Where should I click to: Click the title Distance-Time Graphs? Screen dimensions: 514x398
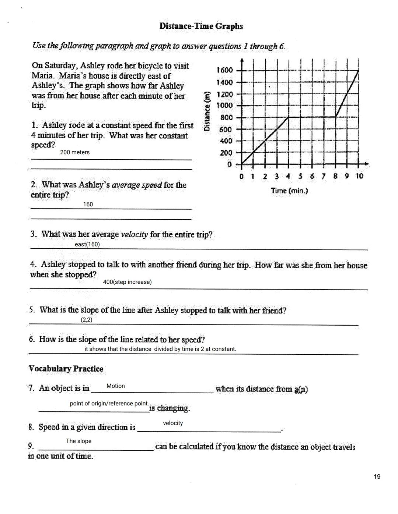pos(201,26)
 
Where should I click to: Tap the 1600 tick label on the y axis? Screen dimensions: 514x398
pos(224,70)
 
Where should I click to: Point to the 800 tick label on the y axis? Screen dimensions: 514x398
pos(226,118)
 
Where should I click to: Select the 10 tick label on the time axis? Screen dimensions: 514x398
pos(359,176)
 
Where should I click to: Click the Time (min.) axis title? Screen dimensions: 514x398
pos(289,191)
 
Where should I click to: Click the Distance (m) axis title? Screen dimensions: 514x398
pos(207,111)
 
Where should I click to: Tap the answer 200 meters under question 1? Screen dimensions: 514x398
pos(75,152)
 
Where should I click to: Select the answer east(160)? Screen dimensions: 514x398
pos(87,244)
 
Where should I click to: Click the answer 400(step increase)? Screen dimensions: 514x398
pos(127,282)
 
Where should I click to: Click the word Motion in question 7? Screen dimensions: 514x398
pos(116,386)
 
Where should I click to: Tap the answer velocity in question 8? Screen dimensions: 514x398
pos(173,423)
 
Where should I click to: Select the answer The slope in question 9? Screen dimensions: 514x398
pos(78,441)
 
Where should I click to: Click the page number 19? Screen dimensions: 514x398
pos(377,477)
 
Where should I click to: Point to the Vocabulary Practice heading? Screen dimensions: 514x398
pos(66,369)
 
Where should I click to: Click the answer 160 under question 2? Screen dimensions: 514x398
pos(88,205)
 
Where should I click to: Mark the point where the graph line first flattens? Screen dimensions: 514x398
pos(289,117)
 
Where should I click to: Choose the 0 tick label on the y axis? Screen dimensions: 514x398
pos(229,164)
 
